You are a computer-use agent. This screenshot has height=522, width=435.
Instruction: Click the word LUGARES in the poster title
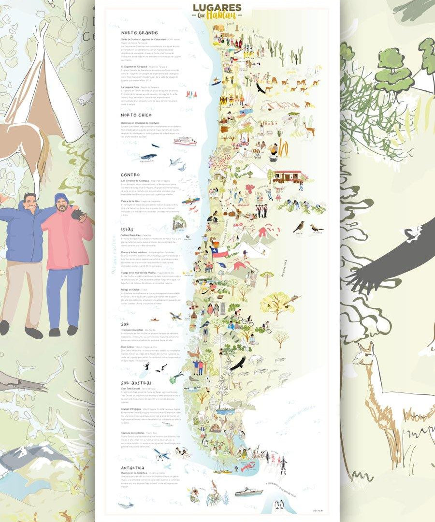pos(217,8)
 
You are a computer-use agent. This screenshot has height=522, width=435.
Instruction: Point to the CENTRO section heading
pos(130,174)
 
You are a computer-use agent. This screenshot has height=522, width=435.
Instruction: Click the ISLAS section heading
pos(128,229)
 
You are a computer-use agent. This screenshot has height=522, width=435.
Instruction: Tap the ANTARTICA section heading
pos(132,468)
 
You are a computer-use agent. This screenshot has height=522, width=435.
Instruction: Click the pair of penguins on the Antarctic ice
pos(279,505)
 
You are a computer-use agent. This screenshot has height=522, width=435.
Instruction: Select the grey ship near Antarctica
pos(248,493)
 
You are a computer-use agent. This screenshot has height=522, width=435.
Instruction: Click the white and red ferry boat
pos(185,142)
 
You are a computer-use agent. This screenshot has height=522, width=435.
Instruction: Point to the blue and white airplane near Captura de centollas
pos(161,454)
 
